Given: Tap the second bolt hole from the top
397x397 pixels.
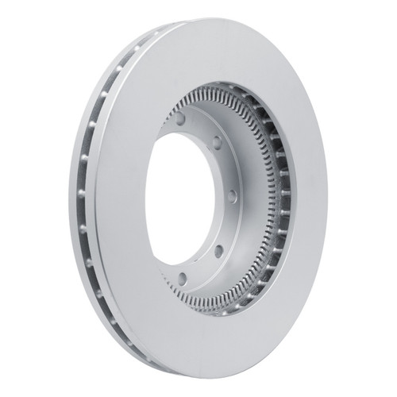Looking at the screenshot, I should pos(216,143).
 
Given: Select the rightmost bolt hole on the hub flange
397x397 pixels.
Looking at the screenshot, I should pos(232,195).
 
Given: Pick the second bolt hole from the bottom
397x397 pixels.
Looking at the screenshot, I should pos(218,251).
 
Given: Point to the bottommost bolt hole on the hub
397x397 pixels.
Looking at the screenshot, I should pos(182,279).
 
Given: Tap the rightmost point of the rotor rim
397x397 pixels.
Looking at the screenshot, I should pos(327,198).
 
